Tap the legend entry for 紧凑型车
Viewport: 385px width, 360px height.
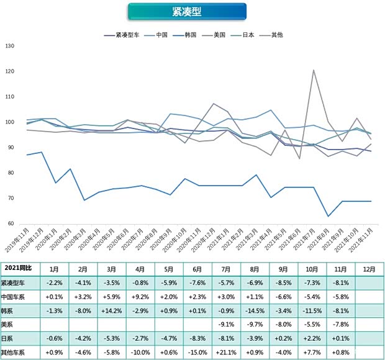coord(127,35)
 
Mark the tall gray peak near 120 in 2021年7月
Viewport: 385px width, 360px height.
coord(314,70)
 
